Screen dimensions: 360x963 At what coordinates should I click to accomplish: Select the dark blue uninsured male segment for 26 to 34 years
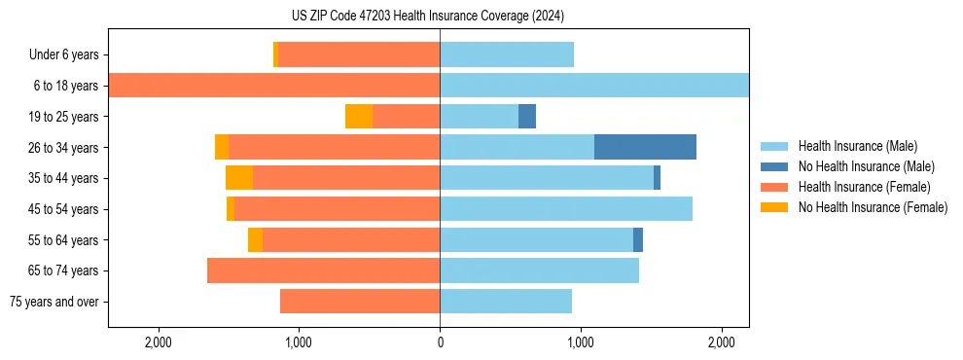pos(645,147)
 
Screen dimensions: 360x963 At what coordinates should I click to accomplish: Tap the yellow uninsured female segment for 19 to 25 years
pos(359,117)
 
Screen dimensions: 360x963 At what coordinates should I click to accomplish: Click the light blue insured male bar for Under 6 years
pos(507,54)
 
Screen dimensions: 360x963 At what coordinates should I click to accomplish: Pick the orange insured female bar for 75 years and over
pos(360,302)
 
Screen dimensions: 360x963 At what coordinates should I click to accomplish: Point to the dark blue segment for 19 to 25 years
pos(527,117)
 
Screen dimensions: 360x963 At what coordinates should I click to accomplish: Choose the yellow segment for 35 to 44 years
pos(239,178)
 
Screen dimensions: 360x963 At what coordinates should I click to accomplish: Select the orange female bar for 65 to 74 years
pos(324,270)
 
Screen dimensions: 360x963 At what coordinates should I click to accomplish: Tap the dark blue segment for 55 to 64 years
pos(638,239)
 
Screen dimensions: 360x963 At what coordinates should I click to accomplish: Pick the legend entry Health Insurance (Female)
pos(864,187)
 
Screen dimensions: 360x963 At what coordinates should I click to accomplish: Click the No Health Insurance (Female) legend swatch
pos(774,207)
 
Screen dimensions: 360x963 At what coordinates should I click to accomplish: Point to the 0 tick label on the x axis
pos(440,342)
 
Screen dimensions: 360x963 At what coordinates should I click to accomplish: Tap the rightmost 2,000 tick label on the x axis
pos(722,342)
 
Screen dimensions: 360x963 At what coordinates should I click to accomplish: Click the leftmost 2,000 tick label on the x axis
pos(158,342)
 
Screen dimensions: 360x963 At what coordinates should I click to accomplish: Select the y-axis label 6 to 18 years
pos(66,86)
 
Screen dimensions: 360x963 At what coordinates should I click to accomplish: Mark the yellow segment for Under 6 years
pos(275,54)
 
